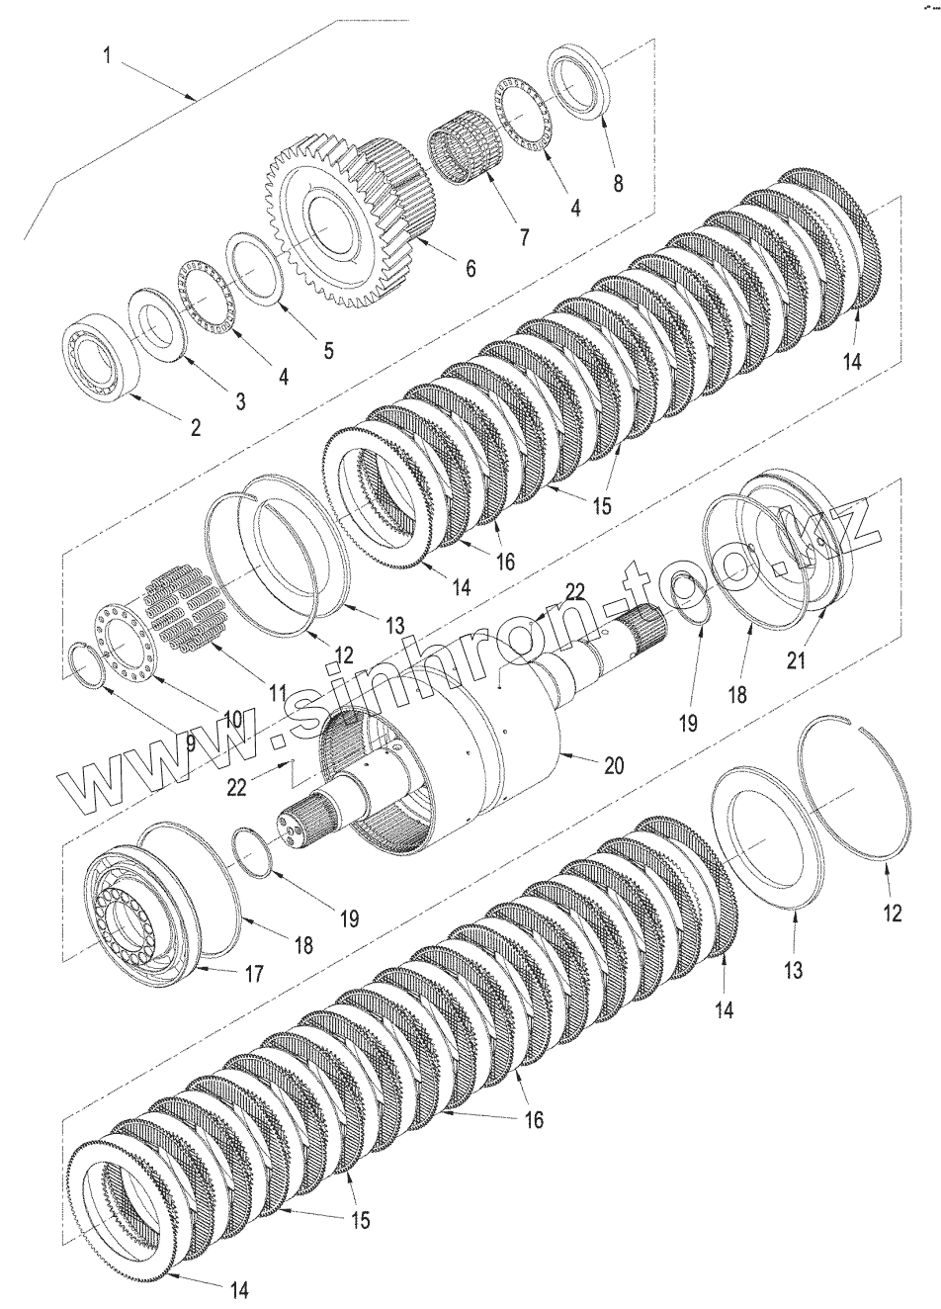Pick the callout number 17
click(254, 974)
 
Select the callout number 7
click(523, 237)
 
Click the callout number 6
click(470, 267)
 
